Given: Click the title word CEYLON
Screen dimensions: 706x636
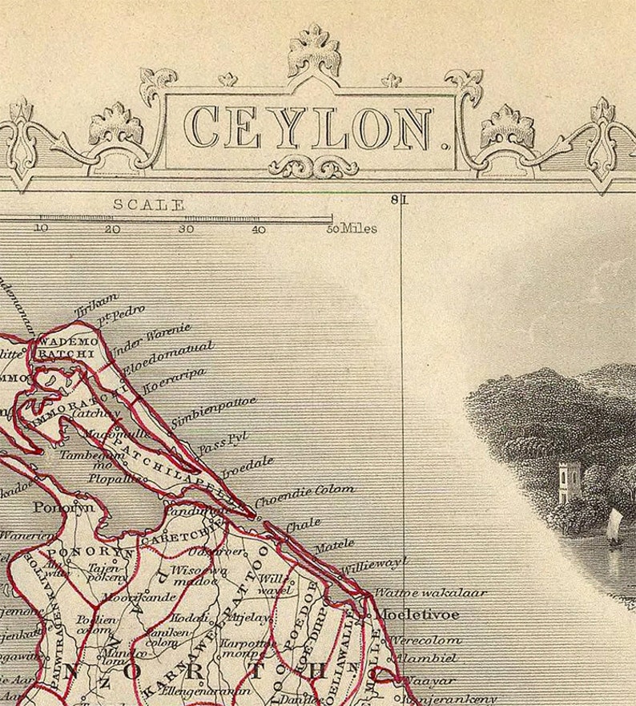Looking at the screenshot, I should (308, 128).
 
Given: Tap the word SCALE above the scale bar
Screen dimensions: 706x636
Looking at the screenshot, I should (148, 204).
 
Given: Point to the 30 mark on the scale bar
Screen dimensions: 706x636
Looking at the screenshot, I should (185, 229).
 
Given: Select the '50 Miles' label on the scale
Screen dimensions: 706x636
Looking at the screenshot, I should (352, 229).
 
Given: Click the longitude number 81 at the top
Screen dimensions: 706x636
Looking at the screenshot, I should (398, 200).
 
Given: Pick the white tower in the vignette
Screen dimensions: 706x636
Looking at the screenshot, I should (569, 481).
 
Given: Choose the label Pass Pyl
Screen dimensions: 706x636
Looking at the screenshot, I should (223, 443).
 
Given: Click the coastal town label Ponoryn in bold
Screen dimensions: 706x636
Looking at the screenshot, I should (63, 506).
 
